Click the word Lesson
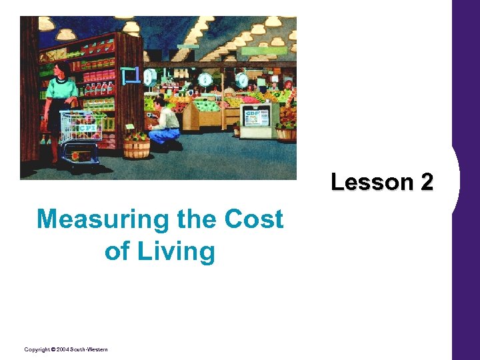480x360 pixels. click(x=372, y=181)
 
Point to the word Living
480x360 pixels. click(x=178, y=251)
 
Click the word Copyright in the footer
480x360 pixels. click(x=37, y=350)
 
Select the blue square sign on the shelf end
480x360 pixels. click(x=131, y=75)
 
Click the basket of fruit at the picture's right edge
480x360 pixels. click(x=287, y=129)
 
